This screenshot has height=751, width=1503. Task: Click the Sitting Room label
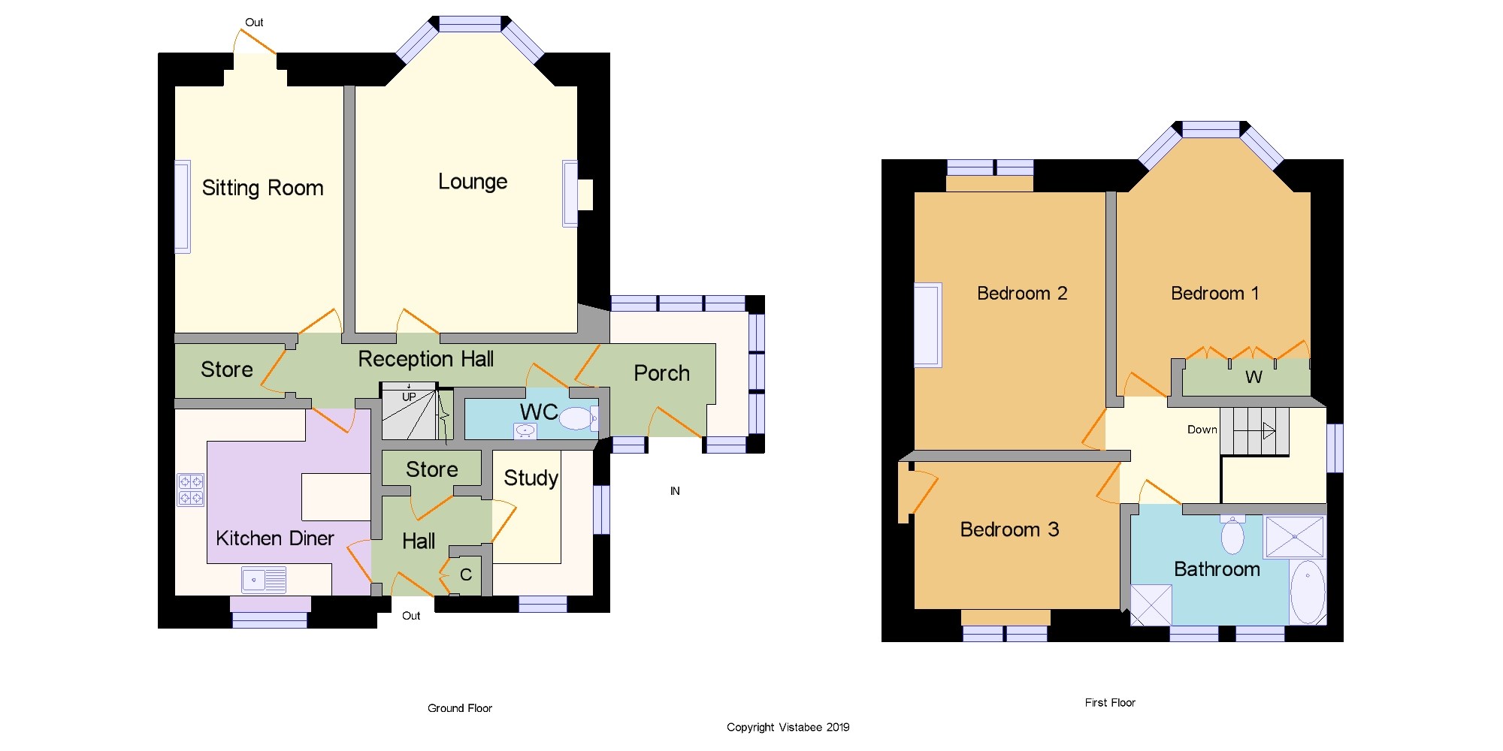pyautogui.click(x=262, y=188)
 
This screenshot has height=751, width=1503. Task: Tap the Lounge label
pyautogui.click(x=473, y=182)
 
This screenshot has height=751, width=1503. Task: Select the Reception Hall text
pyautogui.click(x=425, y=359)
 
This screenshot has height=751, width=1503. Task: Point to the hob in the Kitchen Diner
pyautogui.click(x=191, y=490)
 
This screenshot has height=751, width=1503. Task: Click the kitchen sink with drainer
pyautogui.click(x=264, y=580)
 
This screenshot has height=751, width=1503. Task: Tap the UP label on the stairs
pyautogui.click(x=409, y=397)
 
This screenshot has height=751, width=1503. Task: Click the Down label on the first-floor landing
pyautogui.click(x=1202, y=430)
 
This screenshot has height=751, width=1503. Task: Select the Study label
pyautogui.click(x=531, y=478)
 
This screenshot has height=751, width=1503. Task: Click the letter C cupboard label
pyautogui.click(x=466, y=575)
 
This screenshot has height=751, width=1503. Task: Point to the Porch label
pyautogui.click(x=661, y=373)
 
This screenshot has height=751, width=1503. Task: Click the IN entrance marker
pyautogui.click(x=675, y=491)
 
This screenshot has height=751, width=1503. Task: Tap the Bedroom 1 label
pyautogui.click(x=1214, y=294)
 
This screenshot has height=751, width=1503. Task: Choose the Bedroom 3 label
pyautogui.click(x=1009, y=529)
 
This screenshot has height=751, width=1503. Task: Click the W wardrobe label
pyautogui.click(x=1254, y=377)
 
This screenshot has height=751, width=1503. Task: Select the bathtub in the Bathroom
pyautogui.click(x=1308, y=592)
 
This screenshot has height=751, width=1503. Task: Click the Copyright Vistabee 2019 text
pyautogui.click(x=788, y=727)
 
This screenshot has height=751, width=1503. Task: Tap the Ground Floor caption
pyautogui.click(x=460, y=708)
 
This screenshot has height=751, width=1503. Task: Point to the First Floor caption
pyautogui.click(x=1110, y=703)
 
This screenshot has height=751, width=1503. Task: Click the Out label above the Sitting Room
pyautogui.click(x=254, y=23)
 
